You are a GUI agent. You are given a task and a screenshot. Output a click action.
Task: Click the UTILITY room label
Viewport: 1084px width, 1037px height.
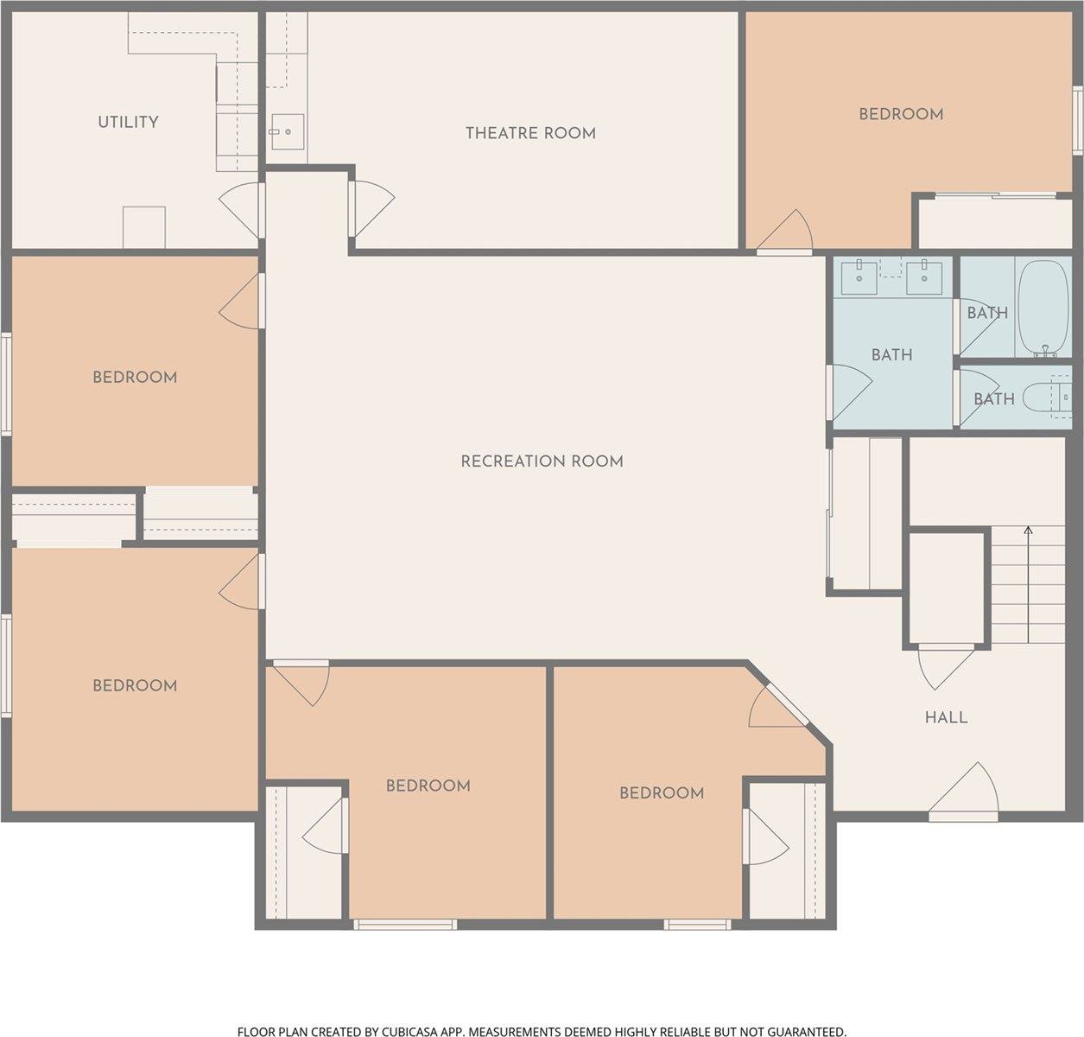(128, 122)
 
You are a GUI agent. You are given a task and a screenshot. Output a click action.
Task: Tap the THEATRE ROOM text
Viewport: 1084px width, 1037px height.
(530, 133)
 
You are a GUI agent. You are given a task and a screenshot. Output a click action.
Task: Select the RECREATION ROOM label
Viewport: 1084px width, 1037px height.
(542, 461)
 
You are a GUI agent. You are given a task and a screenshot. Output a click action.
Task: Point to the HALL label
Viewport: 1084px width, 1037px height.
(946, 717)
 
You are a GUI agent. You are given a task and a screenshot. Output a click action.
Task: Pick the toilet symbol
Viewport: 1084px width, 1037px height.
(1041, 398)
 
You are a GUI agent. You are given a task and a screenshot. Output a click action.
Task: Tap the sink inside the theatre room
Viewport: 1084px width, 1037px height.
(286, 132)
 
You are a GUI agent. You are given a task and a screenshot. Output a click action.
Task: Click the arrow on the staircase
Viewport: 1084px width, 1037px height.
(1028, 530)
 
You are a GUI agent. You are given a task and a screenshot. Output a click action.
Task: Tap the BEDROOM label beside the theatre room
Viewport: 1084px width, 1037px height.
(900, 114)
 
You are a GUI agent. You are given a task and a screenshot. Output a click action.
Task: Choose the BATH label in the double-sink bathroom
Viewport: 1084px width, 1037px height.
(891, 354)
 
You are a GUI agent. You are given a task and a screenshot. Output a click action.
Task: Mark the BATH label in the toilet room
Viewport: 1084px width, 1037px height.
(993, 399)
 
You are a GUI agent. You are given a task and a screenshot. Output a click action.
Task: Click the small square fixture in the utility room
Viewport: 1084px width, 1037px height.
(143, 227)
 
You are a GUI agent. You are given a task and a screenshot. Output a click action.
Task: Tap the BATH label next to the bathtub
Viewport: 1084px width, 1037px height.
(986, 313)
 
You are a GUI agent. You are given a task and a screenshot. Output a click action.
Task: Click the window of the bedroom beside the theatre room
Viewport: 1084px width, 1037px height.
(1077, 119)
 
